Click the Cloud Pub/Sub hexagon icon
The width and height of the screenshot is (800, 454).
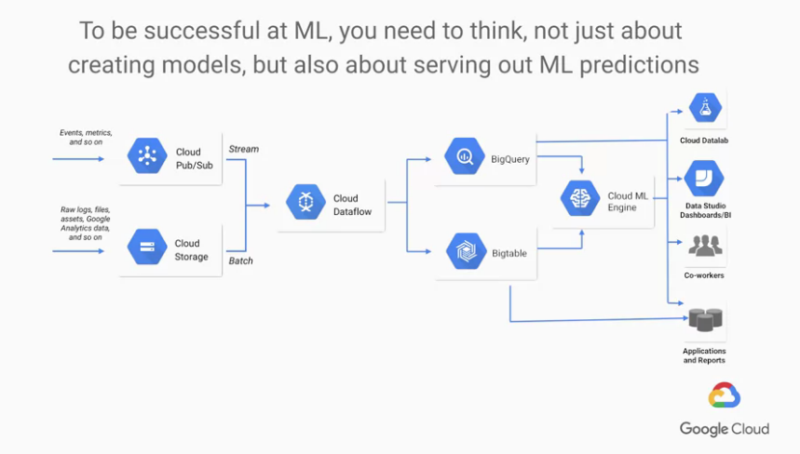(x=146, y=156)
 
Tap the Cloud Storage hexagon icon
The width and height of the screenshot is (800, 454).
(x=146, y=248)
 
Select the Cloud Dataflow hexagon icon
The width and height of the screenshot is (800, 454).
(x=305, y=203)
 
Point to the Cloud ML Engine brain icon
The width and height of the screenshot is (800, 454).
(x=578, y=199)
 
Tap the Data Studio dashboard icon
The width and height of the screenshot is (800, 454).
(x=704, y=178)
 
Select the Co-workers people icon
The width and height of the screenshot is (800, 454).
(x=704, y=247)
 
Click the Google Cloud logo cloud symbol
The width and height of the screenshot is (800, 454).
(x=724, y=396)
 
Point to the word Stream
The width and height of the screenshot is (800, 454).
(x=244, y=149)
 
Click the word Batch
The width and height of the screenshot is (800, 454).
(x=241, y=260)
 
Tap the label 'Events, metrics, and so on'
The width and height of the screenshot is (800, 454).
(x=82, y=137)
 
